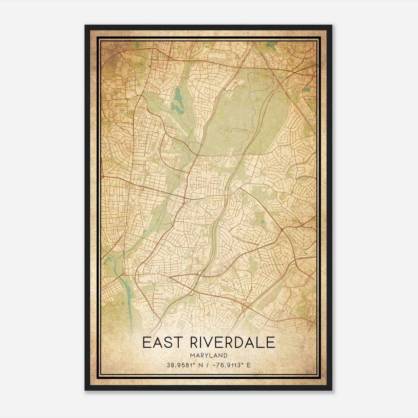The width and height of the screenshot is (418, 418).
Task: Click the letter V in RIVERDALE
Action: (x=211, y=343)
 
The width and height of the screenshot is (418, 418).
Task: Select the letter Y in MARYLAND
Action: (x=206, y=355)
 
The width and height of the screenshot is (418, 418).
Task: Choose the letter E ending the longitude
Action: (x=249, y=365)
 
